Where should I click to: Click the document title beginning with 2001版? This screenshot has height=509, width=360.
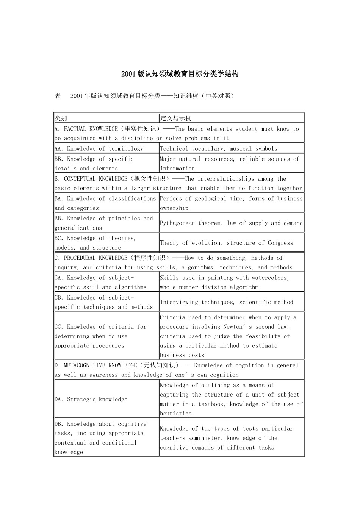click(x=180, y=74)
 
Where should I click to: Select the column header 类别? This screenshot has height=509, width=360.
click(x=61, y=118)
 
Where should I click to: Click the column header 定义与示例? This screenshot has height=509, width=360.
click(x=175, y=118)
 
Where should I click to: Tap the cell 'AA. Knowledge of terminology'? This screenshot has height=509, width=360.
click(x=99, y=149)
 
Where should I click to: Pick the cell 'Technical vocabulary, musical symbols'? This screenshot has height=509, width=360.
click(x=218, y=149)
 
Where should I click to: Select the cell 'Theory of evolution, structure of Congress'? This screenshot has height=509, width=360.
click(x=226, y=243)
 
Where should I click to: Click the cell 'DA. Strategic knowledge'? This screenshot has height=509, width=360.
click(x=91, y=400)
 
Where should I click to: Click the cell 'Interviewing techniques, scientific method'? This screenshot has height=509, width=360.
click(x=226, y=302)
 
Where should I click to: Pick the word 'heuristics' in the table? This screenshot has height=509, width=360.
click(x=175, y=414)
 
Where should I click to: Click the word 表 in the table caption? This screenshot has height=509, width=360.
click(x=58, y=96)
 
